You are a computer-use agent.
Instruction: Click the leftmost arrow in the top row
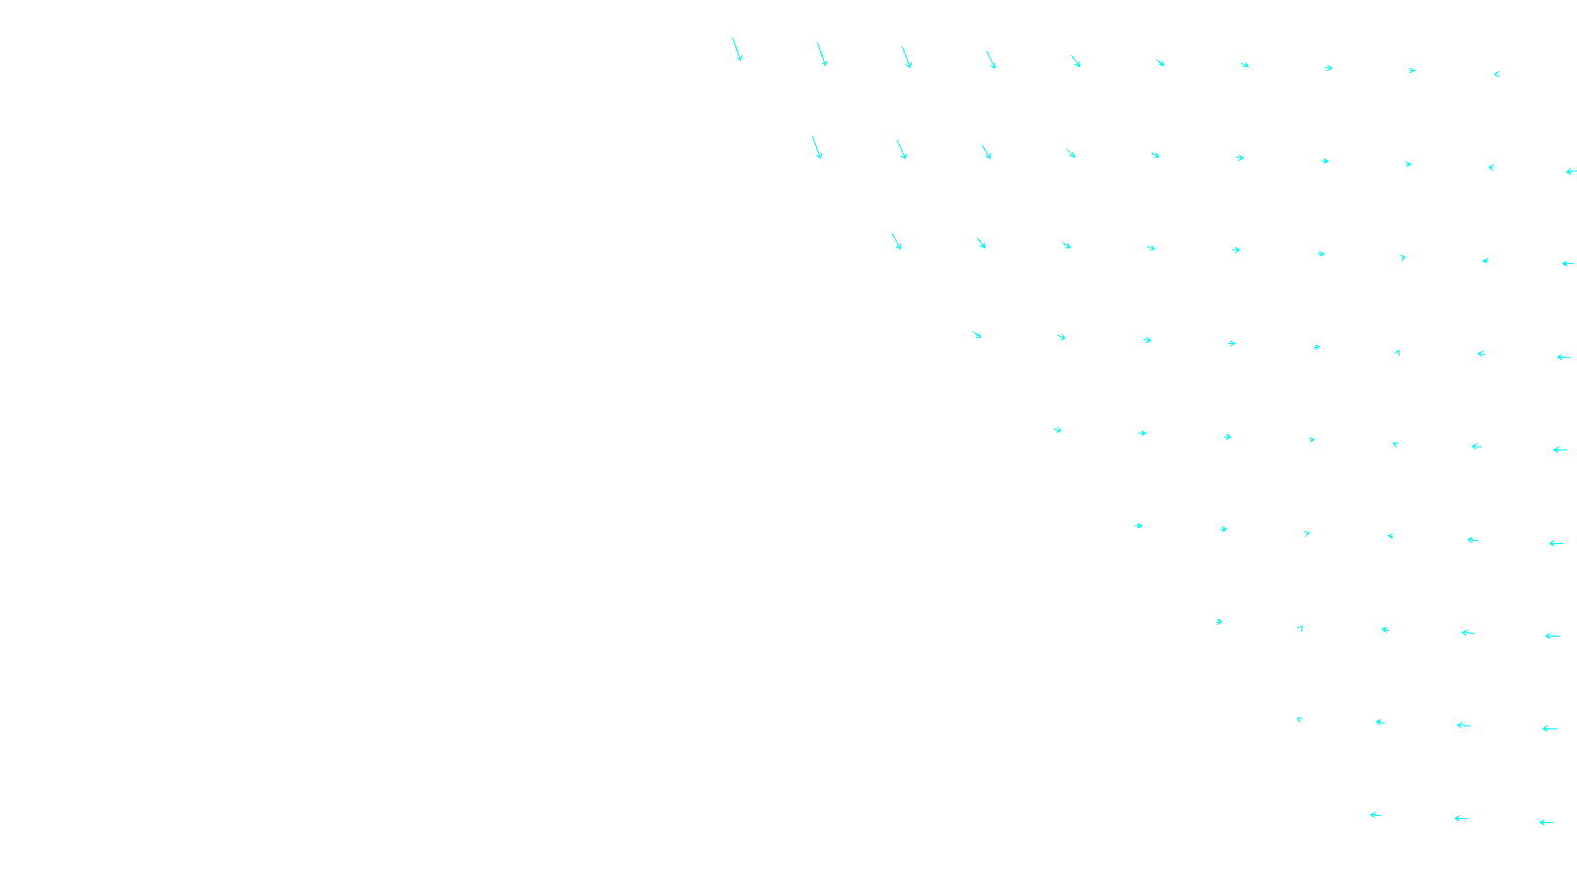click(736, 49)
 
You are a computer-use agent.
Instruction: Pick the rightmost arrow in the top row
click(1496, 74)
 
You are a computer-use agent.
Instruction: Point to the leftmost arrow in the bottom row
click(1375, 815)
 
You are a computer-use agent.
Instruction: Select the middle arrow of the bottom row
click(1461, 818)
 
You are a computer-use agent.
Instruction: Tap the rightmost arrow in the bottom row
click(1546, 822)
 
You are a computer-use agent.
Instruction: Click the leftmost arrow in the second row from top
click(817, 147)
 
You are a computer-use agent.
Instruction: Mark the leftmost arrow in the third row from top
click(896, 241)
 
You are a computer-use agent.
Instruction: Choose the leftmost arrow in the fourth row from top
click(977, 335)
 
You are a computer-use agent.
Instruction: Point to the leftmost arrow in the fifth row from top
click(1058, 430)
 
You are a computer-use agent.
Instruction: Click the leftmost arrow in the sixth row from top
click(1138, 525)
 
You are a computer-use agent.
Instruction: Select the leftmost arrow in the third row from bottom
click(1219, 622)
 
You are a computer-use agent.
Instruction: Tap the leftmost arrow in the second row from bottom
click(1299, 719)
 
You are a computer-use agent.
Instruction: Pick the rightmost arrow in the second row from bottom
click(1549, 728)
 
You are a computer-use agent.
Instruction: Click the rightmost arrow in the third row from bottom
click(1552, 636)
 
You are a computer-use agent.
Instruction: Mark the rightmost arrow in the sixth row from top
click(1556, 543)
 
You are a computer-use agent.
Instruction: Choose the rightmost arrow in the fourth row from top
click(1563, 357)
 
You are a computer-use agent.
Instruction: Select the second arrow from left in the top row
click(822, 54)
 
